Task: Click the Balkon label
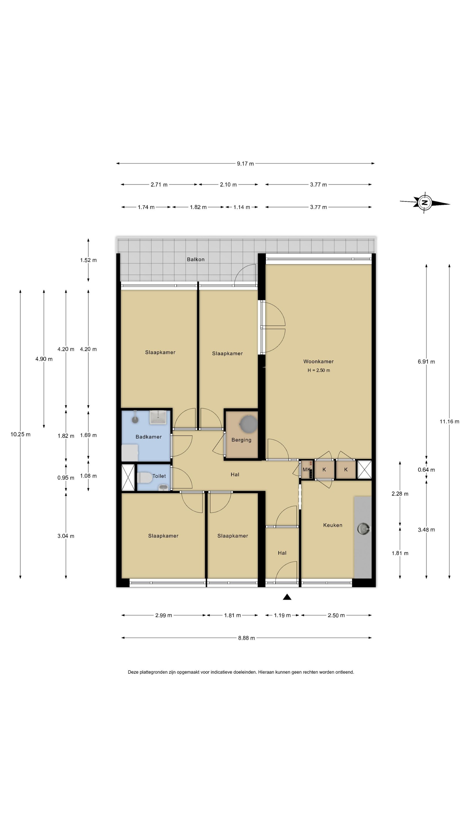pos(196,259)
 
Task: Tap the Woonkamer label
pos(318,361)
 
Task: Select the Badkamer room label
pos(149,437)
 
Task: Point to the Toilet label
pos(159,476)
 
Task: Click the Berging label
pos(241,440)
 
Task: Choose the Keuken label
pos(332,525)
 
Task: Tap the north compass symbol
pos(424,203)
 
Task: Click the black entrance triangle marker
pos(287,597)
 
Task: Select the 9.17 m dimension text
pos(245,163)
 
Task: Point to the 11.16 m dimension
pos(449,421)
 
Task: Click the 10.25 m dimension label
pos(20,434)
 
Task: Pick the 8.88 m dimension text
pos(247,638)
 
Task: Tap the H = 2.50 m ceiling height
pos(319,370)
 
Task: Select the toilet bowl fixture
pos(145,478)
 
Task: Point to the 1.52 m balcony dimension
pos(88,260)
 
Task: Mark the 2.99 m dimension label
pos(163,615)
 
